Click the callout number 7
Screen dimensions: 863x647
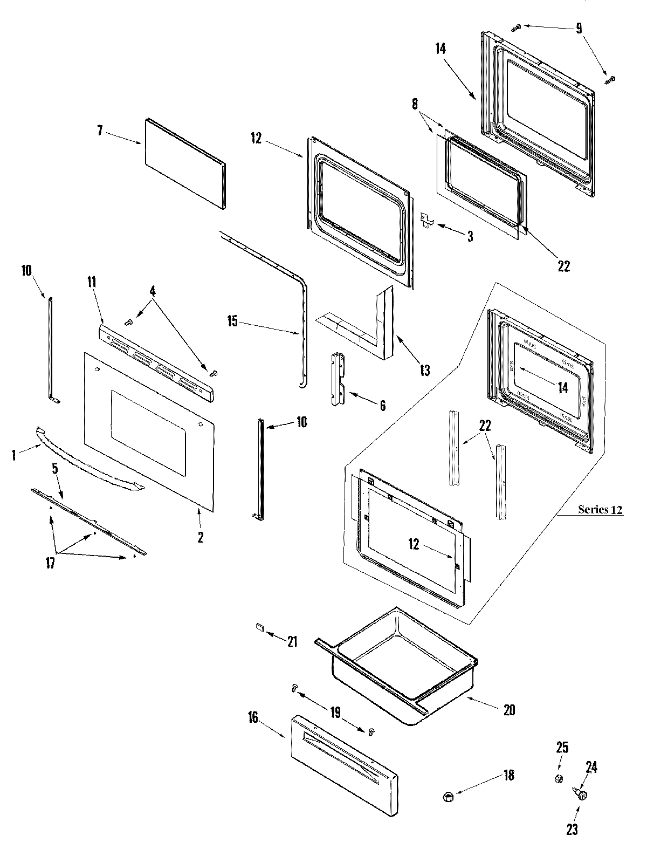click(100, 131)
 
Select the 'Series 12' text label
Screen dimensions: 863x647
click(600, 509)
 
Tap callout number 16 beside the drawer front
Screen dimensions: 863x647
click(253, 717)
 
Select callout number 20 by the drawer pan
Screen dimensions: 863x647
click(509, 710)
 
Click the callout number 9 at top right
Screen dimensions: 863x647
click(579, 28)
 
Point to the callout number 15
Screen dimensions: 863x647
click(232, 321)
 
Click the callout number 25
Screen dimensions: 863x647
click(562, 748)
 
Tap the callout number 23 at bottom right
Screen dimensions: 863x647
click(572, 830)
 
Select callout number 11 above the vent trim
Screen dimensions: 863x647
click(92, 281)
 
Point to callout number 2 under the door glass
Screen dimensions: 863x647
click(200, 537)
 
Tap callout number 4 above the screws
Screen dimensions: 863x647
click(153, 291)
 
